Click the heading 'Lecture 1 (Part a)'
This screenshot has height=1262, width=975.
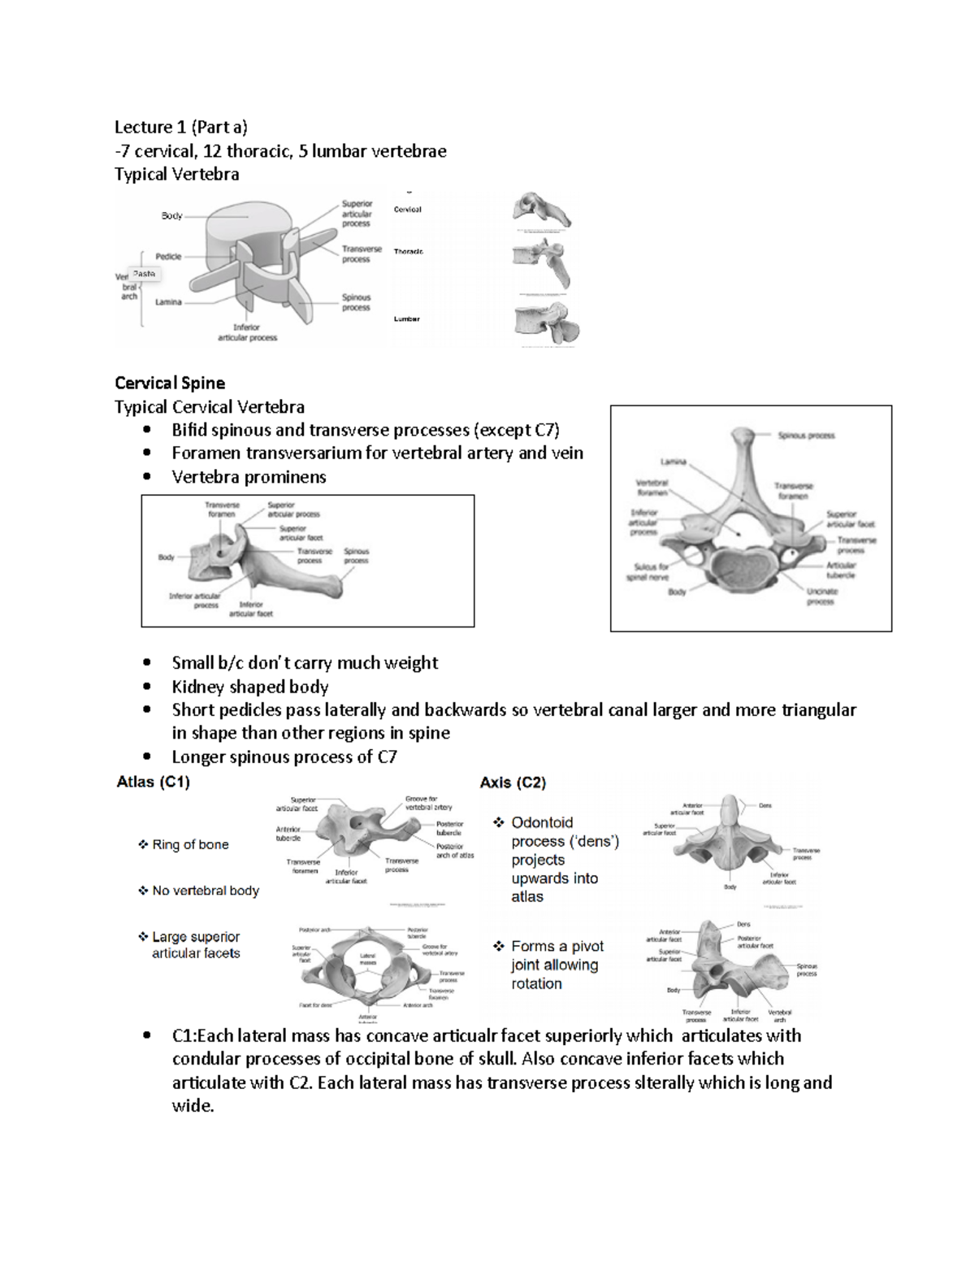[x=180, y=127]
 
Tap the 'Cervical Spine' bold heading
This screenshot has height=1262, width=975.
[x=170, y=383]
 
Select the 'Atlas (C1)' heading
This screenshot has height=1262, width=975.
[x=153, y=783]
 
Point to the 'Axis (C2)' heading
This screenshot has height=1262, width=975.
[x=513, y=783]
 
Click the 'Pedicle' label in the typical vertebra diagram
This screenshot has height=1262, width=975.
[x=168, y=257]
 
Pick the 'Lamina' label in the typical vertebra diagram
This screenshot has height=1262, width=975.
[x=168, y=301]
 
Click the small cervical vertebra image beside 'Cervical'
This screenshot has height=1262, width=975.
[x=541, y=210]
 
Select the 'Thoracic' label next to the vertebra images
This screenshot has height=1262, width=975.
[x=409, y=252]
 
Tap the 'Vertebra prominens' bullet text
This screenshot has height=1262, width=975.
[x=249, y=477]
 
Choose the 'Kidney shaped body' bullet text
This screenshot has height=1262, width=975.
[x=249, y=687]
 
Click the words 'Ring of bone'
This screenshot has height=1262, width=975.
[x=190, y=845]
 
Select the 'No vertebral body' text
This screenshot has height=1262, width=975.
[x=206, y=891]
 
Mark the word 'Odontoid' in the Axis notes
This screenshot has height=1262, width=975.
[x=542, y=822]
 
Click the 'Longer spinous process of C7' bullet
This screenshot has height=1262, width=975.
[x=284, y=757]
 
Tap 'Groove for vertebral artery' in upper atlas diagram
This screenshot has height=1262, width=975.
[x=428, y=803]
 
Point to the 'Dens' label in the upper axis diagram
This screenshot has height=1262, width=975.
[x=765, y=805]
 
